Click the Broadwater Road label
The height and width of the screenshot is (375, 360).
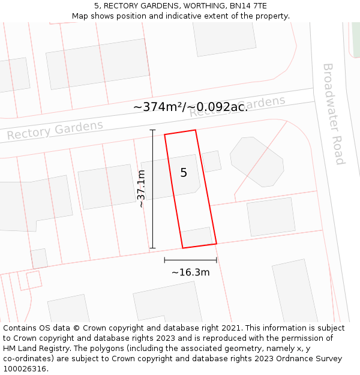tap(333, 114)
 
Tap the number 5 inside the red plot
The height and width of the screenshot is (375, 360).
tap(184, 173)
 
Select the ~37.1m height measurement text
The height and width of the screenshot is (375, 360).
tap(142, 188)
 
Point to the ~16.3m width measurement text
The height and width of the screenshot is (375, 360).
tap(190, 272)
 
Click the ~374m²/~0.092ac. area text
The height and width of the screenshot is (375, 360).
tap(190, 107)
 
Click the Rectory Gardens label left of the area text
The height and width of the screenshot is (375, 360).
tap(55, 130)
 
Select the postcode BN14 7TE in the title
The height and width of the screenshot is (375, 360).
tap(247, 6)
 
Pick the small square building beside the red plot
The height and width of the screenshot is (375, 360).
tap(211, 161)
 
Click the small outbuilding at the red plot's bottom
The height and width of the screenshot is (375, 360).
tap(197, 237)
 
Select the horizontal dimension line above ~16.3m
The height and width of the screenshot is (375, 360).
tap(190, 260)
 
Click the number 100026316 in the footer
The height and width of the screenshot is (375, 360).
tap(24, 369)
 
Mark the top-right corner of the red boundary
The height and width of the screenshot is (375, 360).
tap(195, 130)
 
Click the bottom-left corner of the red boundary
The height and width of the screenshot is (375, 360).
tap(182, 248)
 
